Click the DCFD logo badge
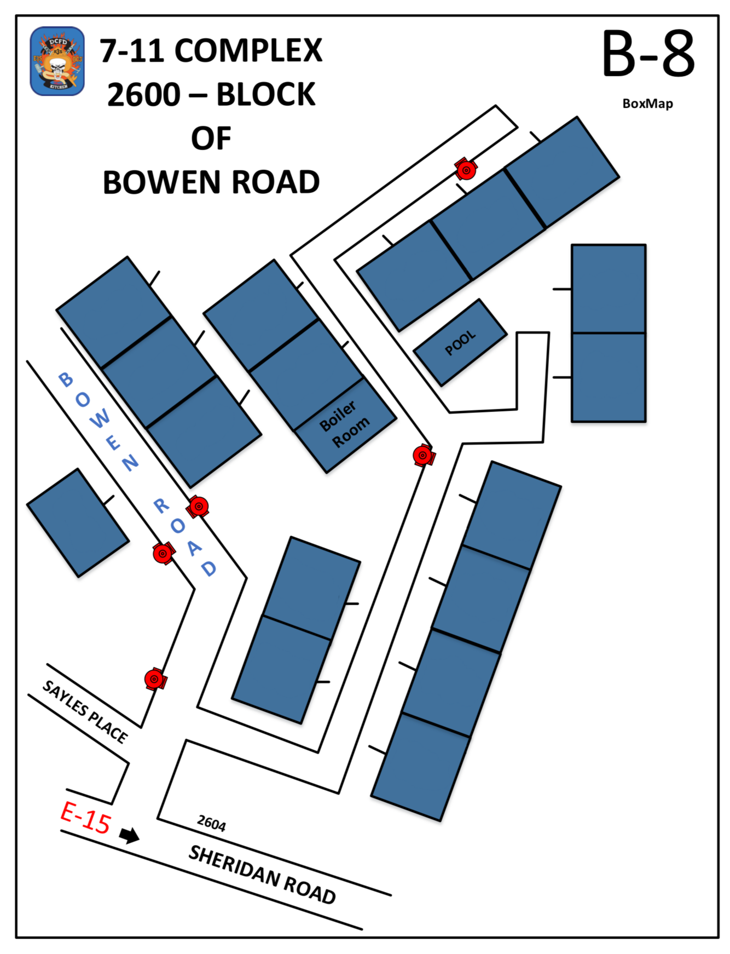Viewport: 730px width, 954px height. [x=57, y=61]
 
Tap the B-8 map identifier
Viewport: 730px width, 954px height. [x=648, y=54]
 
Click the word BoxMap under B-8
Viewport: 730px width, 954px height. [x=647, y=104]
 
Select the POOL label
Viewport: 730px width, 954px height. [x=460, y=343]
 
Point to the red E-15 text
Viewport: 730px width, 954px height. [x=86, y=818]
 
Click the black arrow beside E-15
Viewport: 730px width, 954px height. [x=130, y=835]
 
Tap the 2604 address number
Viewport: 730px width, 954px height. [x=211, y=823]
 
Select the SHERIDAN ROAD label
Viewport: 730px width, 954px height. [x=262, y=875]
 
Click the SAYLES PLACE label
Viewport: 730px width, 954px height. [x=85, y=711]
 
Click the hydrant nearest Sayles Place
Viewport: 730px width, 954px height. [x=155, y=679]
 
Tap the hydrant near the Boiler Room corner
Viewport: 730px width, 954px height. [x=423, y=455]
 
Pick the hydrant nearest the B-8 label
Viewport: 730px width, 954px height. [x=466, y=170]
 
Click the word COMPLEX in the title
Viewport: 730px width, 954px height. [x=248, y=51]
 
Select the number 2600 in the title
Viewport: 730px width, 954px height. [x=144, y=95]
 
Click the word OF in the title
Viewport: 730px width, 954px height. [x=211, y=138]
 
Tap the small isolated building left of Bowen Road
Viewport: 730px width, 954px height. [x=78, y=522]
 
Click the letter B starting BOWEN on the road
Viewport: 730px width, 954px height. [x=66, y=379]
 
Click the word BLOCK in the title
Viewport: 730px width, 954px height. [x=266, y=95]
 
